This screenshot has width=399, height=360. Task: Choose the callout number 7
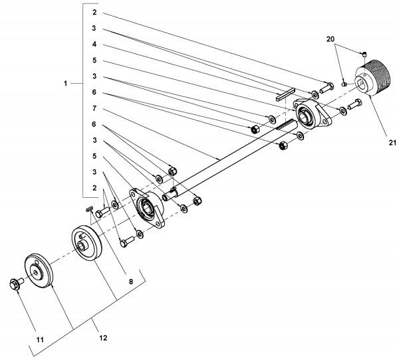click(94, 108)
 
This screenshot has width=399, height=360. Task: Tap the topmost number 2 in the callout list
click(94, 13)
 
